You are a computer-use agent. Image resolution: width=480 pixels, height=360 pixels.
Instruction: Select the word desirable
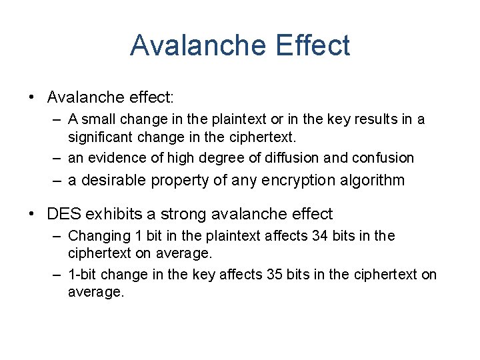tap(113, 180)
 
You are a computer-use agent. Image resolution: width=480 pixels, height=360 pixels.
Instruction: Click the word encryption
tap(295, 180)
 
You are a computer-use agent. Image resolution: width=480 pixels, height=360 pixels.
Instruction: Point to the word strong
tap(179, 214)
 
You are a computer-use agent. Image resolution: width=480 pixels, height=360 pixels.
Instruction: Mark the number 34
tap(320, 236)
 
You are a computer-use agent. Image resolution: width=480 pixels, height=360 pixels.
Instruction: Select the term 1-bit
tap(83, 275)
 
